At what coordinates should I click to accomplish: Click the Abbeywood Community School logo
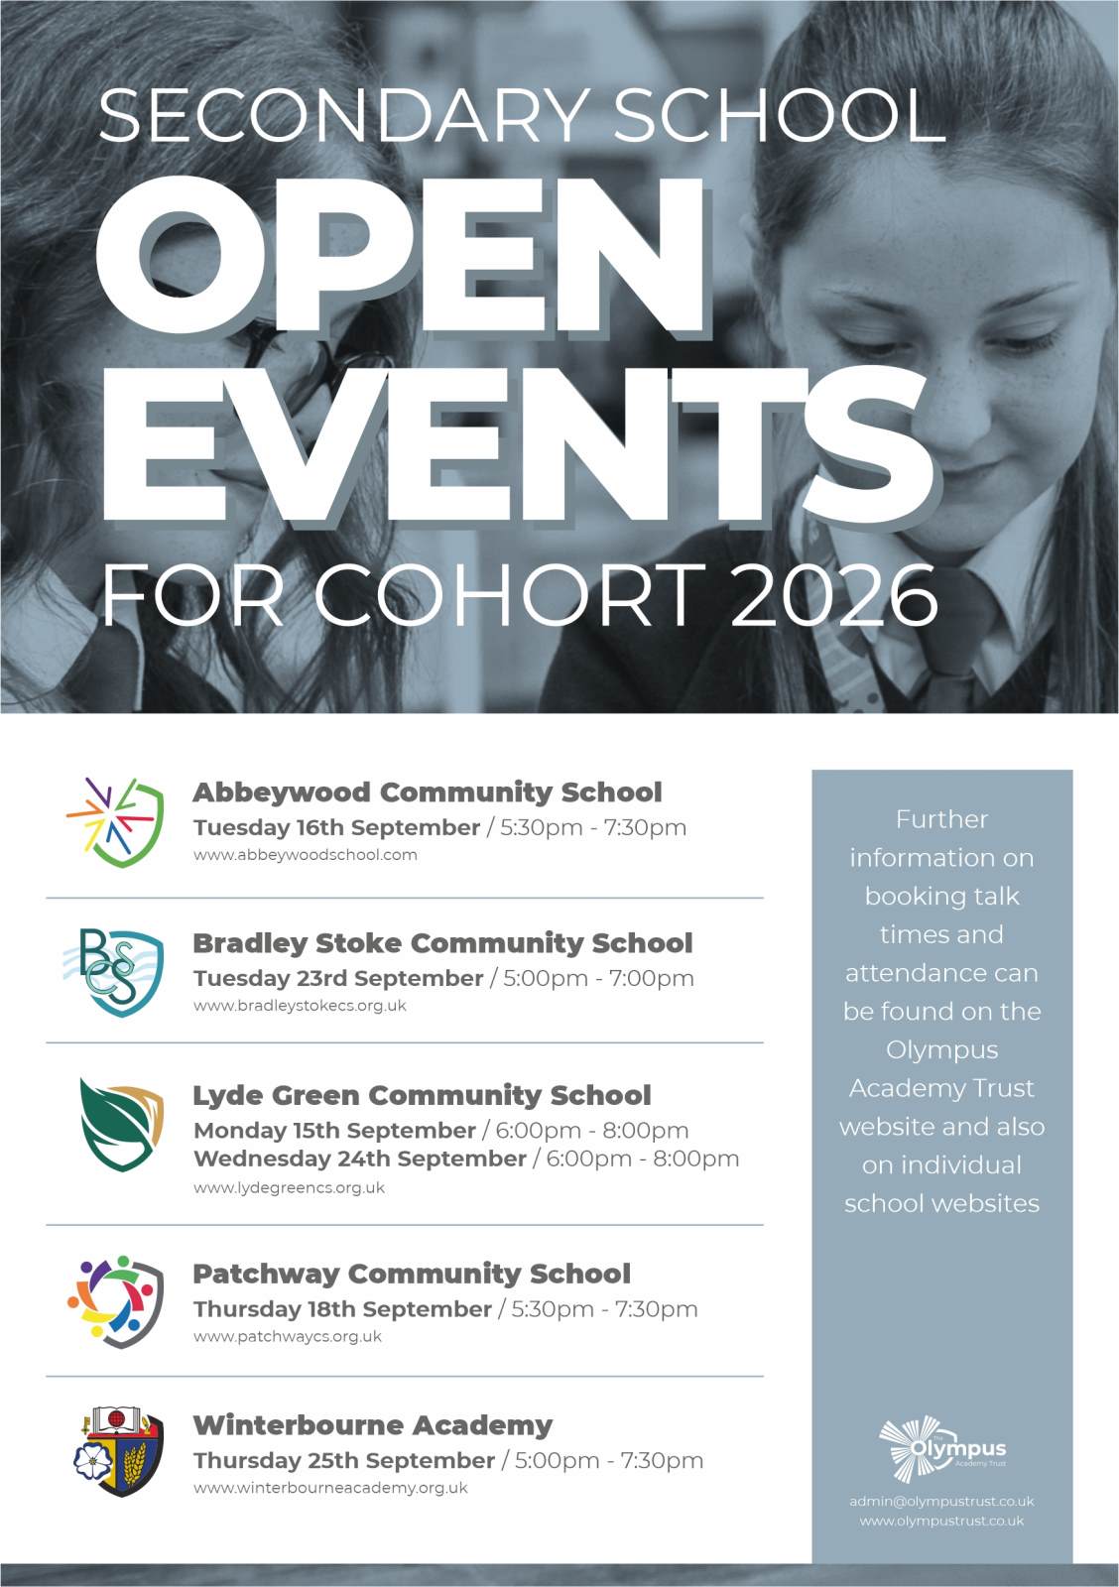(115, 822)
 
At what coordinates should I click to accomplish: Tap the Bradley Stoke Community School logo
(115, 972)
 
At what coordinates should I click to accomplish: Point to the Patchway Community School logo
(115, 1301)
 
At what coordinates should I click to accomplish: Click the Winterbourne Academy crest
(119, 1450)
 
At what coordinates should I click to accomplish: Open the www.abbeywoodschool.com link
(305, 855)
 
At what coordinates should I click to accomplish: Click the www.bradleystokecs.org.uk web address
(300, 1006)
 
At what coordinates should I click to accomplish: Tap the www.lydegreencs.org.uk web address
(289, 1187)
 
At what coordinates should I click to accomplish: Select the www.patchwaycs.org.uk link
(287, 1337)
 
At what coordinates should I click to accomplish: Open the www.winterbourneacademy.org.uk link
(330, 1488)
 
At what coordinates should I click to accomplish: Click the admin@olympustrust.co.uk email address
(941, 1501)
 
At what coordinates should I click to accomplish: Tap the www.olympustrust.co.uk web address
(941, 1521)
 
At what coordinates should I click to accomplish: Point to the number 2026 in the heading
(833, 595)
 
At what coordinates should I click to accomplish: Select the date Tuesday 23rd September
(337, 978)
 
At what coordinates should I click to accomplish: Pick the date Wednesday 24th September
(359, 1159)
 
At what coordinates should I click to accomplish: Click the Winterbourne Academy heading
(372, 1425)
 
